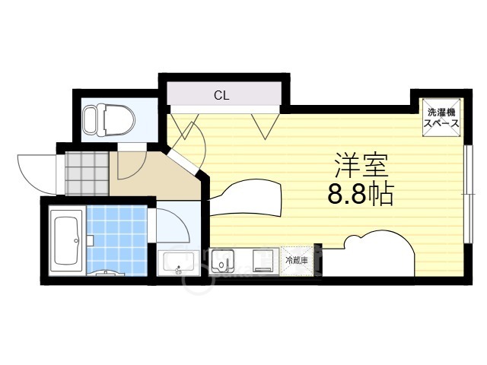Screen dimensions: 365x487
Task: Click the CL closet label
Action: (221, 95)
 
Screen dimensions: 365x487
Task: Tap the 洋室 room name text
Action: (360, 166)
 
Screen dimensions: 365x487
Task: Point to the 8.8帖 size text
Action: (360, 195)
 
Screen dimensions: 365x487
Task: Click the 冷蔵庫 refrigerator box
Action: (297, 260)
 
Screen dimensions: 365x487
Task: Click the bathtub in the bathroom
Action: (66, 241)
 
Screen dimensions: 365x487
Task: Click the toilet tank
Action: (90, 119)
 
